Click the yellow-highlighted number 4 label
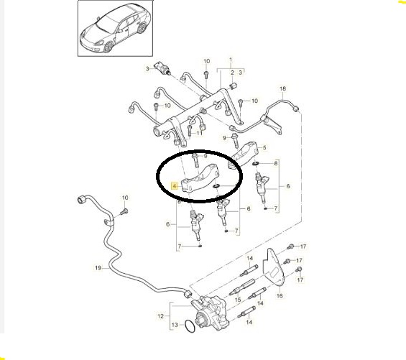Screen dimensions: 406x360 tap(175, 185)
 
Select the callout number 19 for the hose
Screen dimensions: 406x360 tap(98, 268)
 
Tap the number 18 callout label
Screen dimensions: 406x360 tap(282, 88)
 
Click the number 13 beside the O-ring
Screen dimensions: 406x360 tap(175, 325)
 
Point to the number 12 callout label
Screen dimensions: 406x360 tap(160, 316)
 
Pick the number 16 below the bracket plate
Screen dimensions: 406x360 tap(280, 295)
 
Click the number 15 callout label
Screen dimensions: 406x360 tap(238, 300)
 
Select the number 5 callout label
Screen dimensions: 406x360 tap(264, 147)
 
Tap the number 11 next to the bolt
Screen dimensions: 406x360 tap(199, 133)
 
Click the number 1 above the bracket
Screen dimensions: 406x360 tap(231, 60)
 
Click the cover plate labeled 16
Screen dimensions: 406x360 tap(273, 268)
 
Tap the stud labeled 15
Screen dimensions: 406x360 tap(242, 287)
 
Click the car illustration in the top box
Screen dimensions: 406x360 tap(116, 28)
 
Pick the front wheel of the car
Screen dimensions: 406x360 tap(109, 47)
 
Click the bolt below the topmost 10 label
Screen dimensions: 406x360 tap(206, 74)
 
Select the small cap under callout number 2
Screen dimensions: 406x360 tap(233, 86)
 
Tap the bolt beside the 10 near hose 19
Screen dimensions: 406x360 tap(124, 211)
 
